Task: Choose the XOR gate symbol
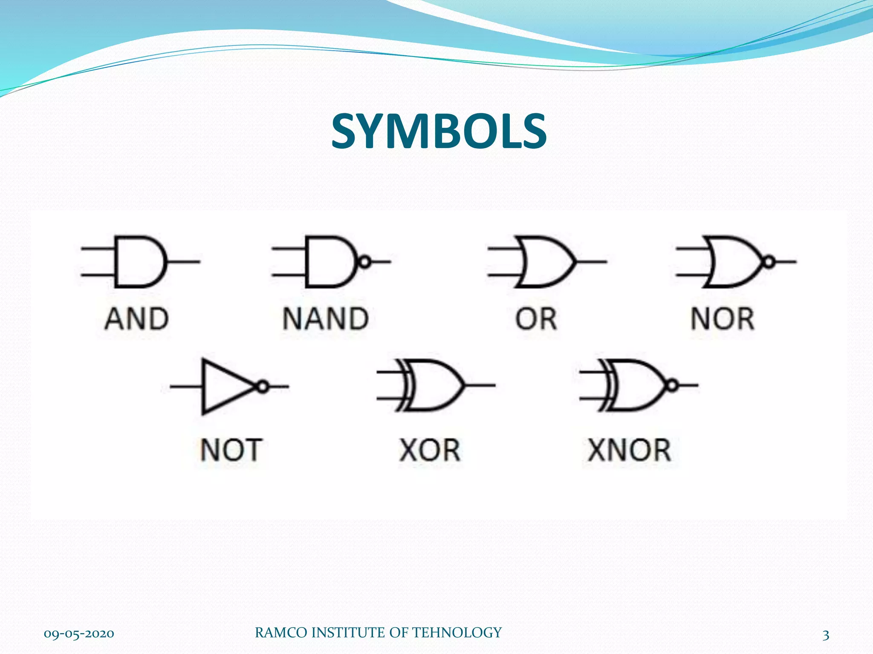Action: point(435,385)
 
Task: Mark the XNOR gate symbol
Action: point(635,385)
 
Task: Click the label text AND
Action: point(137,319)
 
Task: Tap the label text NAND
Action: point(326,319)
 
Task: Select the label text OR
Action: point(536,319)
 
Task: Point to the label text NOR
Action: point(723,319)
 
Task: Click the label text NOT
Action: point(231,450)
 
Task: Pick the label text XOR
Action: point(430,450)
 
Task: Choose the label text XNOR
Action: point(629,450)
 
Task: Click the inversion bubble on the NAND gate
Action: point(364,261)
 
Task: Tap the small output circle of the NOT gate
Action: point(263,387)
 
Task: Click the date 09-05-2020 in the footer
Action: point(79,634)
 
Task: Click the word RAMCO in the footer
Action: point(281,633)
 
